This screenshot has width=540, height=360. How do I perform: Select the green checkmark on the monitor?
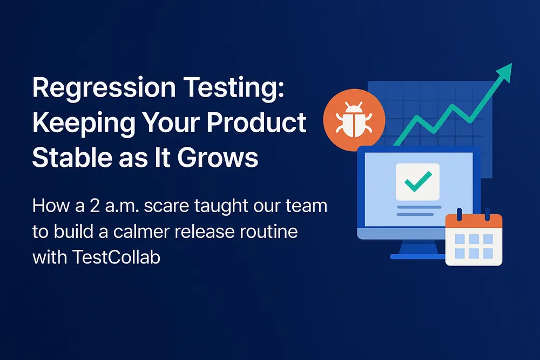point(417,181)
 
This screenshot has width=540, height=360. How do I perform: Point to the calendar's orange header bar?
point(474,221)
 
